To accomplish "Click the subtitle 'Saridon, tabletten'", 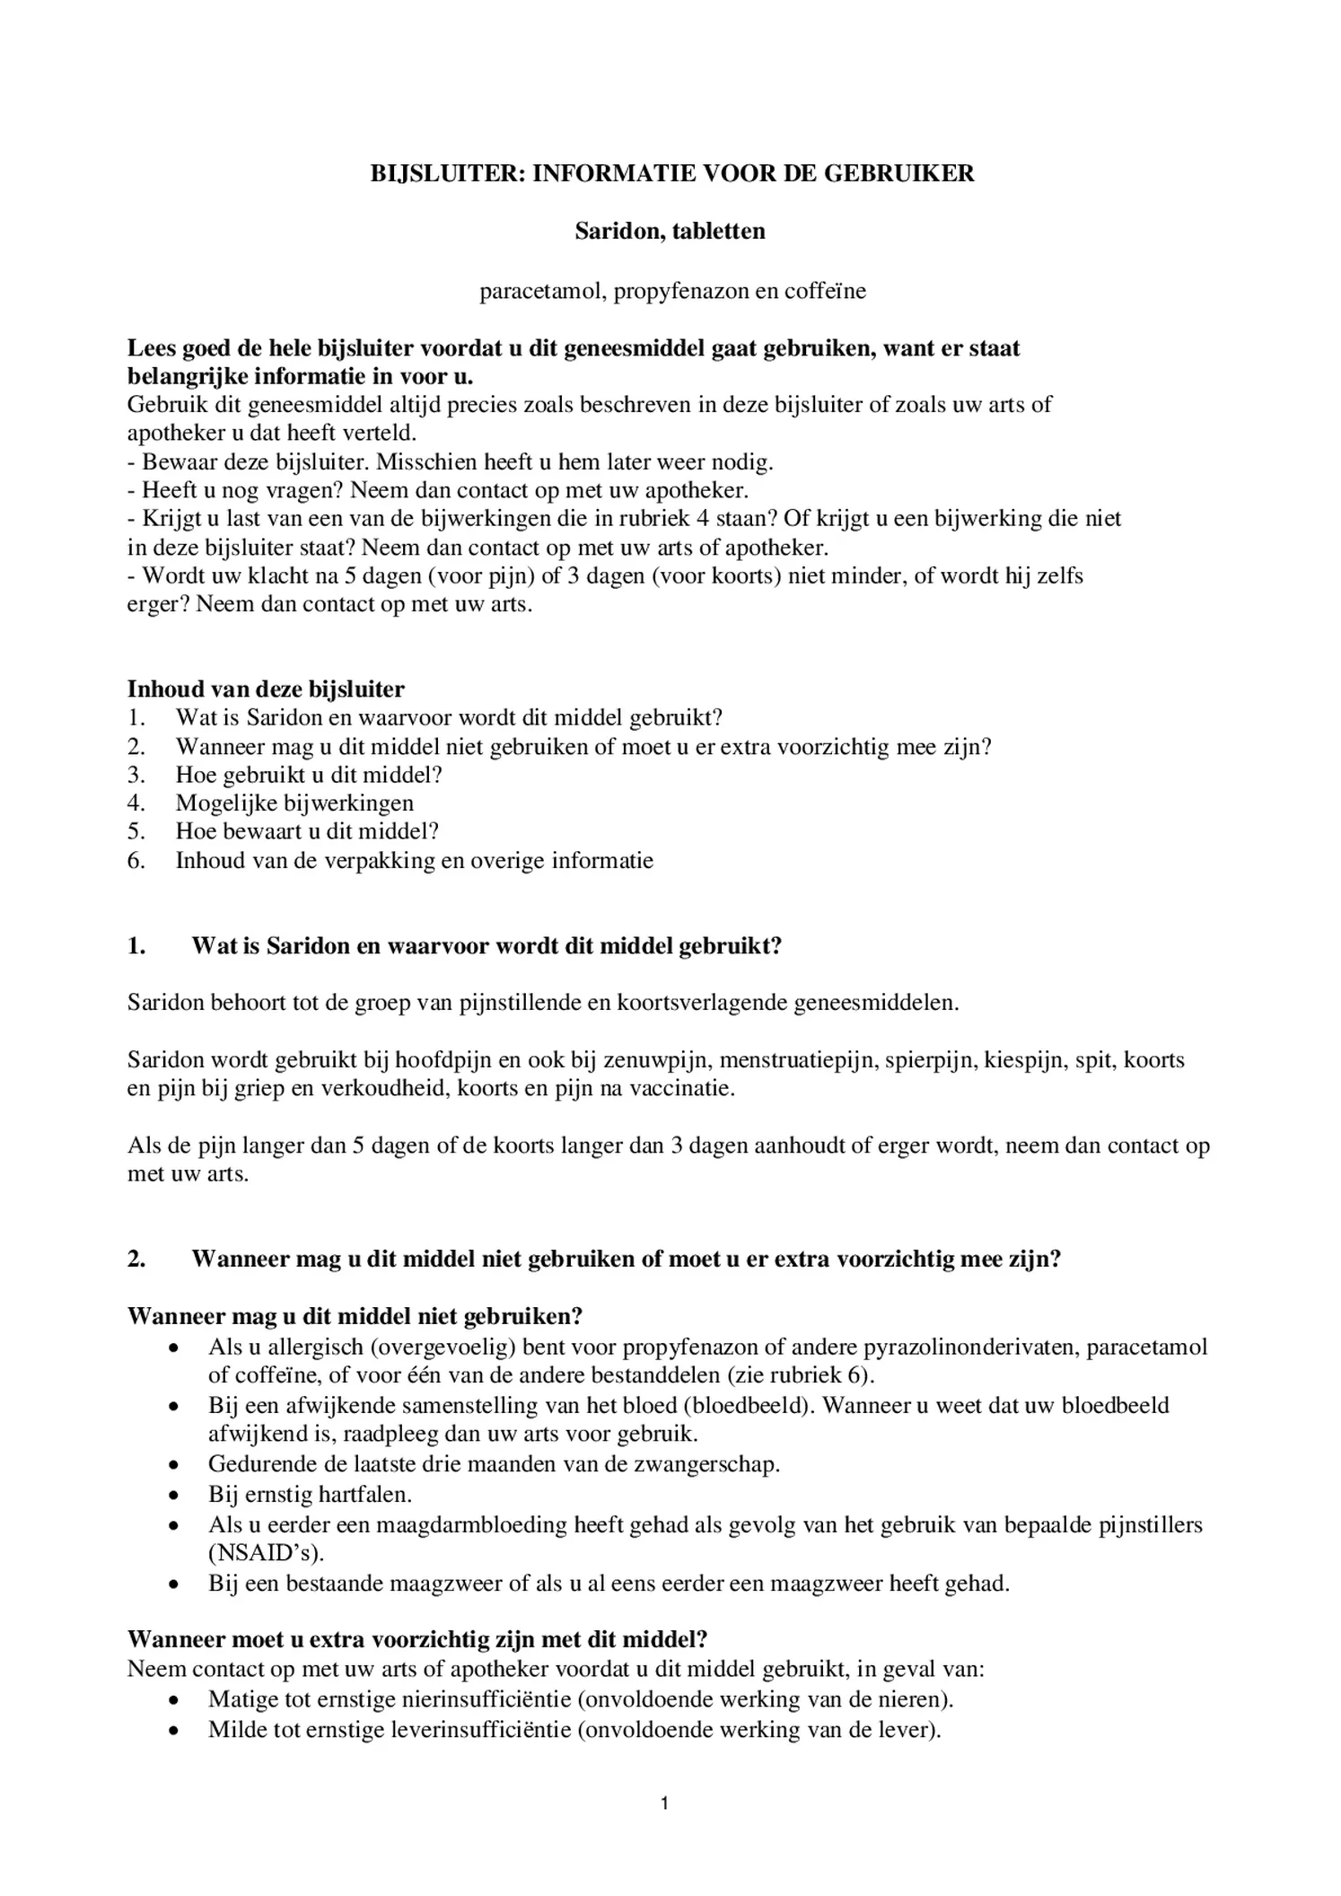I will [x=670, y=232].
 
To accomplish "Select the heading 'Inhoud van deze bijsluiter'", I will [x=266, y=689].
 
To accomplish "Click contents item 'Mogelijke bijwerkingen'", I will [x=294, y=803].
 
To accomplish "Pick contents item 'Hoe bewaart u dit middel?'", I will [x=307, y=831].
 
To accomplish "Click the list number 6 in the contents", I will [x=136, y=861].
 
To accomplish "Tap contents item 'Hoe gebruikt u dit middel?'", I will [x=309, y=775].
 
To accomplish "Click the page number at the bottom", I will [x=664, y=1804].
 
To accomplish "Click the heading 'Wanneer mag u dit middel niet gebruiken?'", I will [x=355, y=1316].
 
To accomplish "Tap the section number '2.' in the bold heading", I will [x=136, y=1260].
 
